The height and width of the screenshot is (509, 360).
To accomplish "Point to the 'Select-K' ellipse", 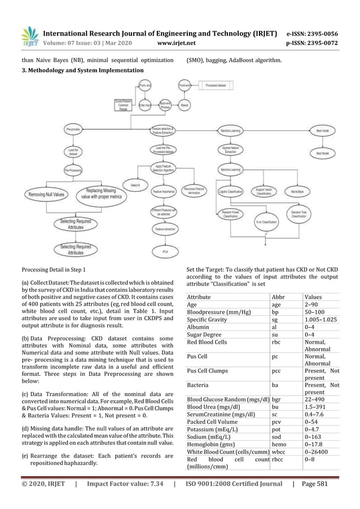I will (135, 185).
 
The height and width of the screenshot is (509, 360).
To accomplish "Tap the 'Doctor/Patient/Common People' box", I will (120, 105).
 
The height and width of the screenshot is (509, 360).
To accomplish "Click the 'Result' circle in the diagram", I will (184, 105).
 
